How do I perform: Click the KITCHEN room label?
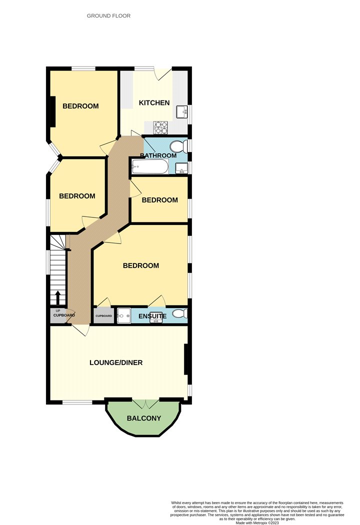(154, 103)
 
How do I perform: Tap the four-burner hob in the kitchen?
(160, 127)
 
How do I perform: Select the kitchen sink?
(182, 111)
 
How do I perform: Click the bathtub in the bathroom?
(150, 166)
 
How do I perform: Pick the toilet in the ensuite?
(180, 314)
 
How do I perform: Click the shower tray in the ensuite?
(124, 315)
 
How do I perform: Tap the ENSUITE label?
(152, 316)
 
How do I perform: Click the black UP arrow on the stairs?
(57, 297)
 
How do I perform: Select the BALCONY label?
(144, 418)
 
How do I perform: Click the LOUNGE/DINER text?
(116, 362)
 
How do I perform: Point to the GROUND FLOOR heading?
(108, 15)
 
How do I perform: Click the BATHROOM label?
(158, 155)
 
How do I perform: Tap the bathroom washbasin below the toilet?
(182, 168)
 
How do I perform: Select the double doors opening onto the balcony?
(146, 404)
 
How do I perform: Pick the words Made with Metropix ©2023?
(257, 522)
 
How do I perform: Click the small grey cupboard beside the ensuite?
(104, 315)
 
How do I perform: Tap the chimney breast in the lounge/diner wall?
(186, 359)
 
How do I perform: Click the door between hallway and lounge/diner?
(80, 329)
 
